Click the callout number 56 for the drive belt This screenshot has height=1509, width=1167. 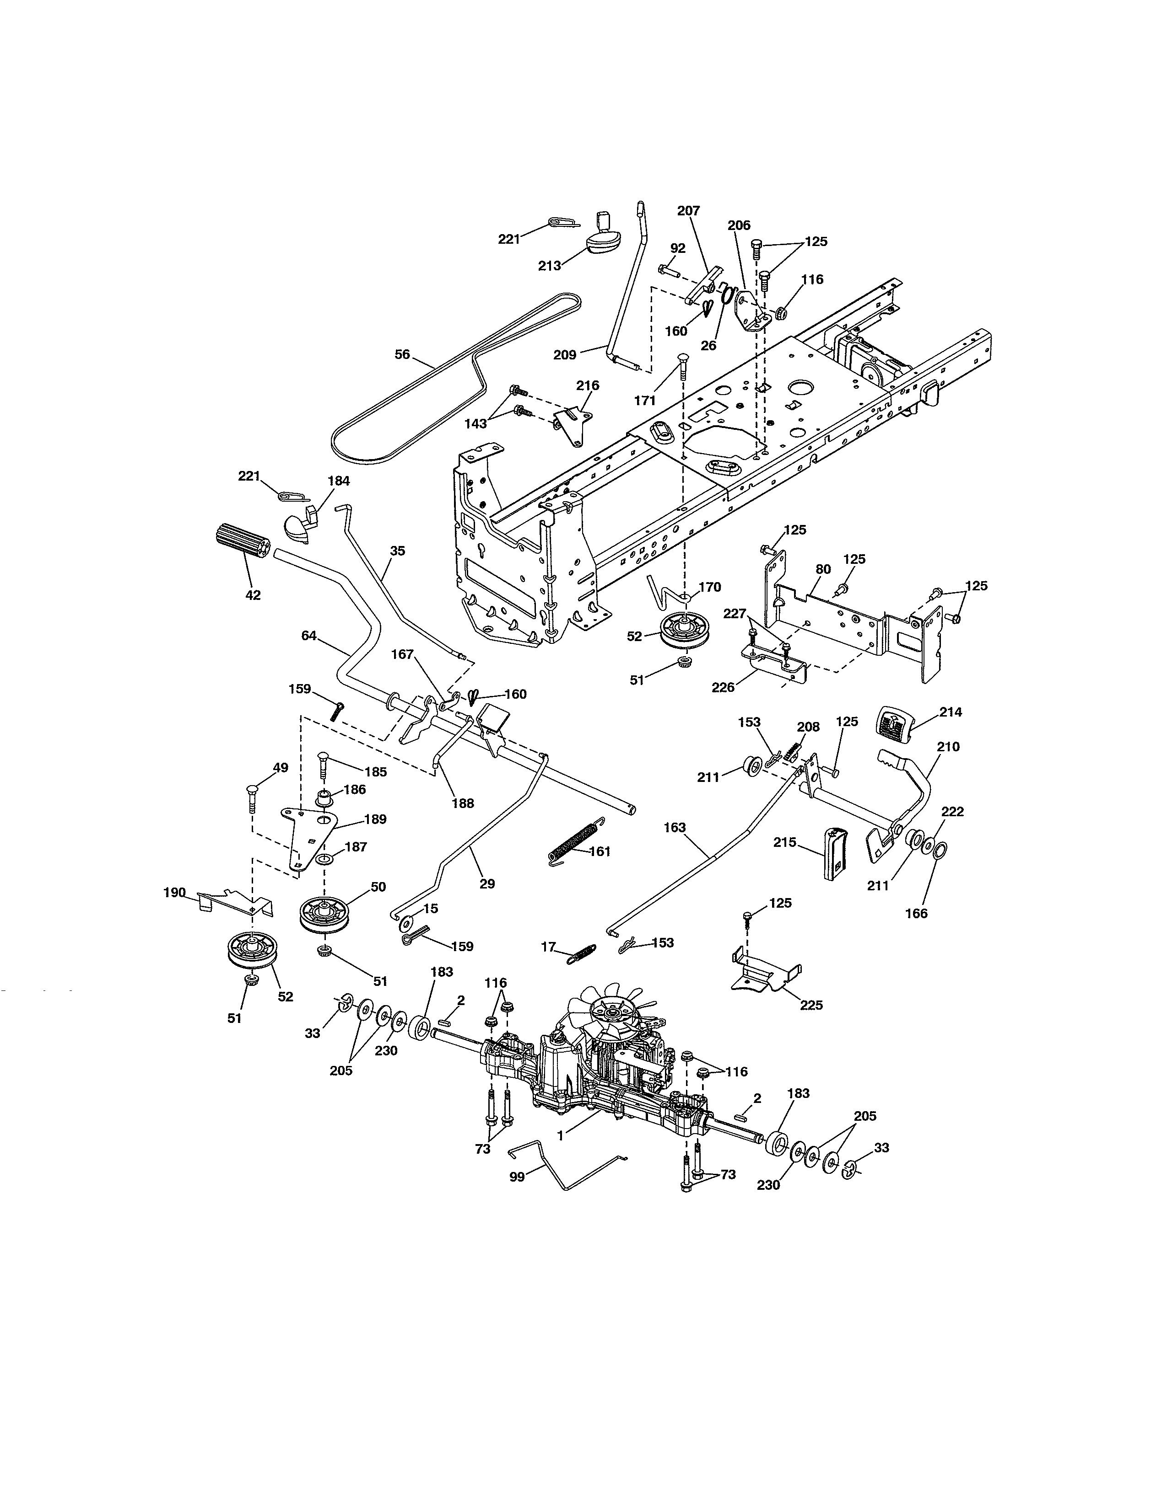click(402, 354)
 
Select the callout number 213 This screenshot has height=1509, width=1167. click(550, 265)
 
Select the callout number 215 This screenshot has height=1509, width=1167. click(785, 842)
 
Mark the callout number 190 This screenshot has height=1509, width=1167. click(174, 893)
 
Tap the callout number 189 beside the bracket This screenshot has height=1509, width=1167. click(375, 819)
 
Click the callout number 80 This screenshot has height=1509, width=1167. click(823, 569)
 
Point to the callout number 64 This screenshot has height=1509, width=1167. click(309, 636)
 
